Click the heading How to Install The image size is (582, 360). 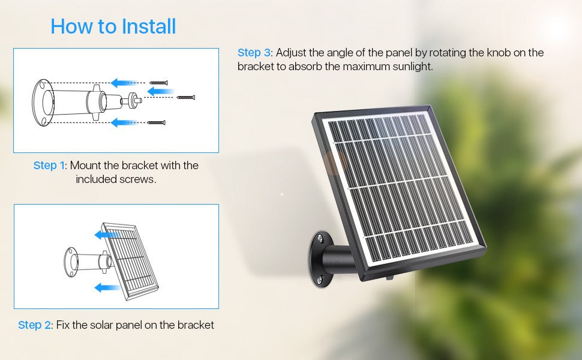tap(113, 26)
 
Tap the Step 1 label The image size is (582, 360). tap(49, 166)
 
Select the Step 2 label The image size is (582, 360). tap(34, 325)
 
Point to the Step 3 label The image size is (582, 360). tap(254, 53)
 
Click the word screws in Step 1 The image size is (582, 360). tap(139, 179)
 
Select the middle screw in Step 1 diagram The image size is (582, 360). tap(186, 97)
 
